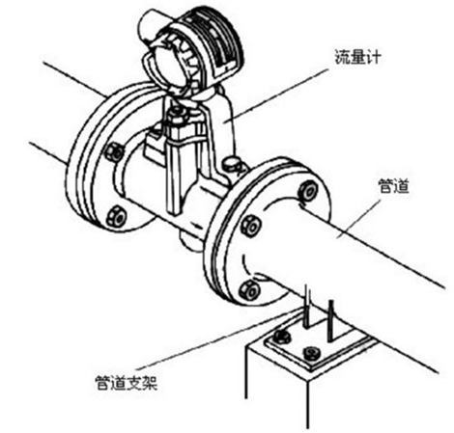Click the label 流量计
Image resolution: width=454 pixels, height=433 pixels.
357,57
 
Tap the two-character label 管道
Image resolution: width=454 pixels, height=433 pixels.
393,186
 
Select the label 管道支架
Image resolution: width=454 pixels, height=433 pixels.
127,383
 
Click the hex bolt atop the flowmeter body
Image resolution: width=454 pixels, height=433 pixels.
177,115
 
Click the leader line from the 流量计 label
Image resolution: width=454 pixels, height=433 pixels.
276,94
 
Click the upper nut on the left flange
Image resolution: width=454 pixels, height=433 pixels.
114,151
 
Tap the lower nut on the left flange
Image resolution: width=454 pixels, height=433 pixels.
116,215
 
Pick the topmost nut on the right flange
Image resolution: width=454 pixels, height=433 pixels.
308,191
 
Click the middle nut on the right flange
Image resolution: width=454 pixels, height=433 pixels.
251,226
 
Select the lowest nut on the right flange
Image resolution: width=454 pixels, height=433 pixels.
249,290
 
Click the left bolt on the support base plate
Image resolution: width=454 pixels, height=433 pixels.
282,336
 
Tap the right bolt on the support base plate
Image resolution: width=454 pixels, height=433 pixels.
311,353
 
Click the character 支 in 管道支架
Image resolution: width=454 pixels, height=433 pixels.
134,383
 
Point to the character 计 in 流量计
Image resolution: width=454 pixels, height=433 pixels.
374,57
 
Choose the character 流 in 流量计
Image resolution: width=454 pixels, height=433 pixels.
342,57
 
